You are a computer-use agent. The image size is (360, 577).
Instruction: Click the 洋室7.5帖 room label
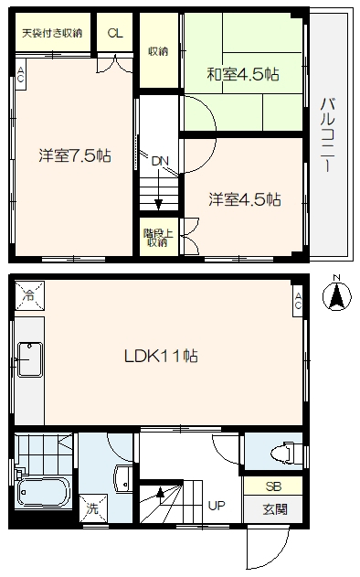click(x=75, y=156)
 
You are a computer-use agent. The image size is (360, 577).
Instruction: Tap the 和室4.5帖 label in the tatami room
click(x=243, y=75)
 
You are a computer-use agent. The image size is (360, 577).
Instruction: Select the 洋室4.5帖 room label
click(x=245, y=200)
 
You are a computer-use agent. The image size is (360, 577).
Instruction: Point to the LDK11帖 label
click(x=161, y=357)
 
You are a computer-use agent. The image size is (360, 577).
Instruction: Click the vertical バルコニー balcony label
click(x=328, y=134)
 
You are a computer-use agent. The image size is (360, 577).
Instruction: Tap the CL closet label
click(x=115, y=34)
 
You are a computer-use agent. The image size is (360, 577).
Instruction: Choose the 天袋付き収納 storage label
click(x=52, y=34)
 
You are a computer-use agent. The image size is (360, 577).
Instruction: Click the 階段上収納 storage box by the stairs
click(x=158, y=238)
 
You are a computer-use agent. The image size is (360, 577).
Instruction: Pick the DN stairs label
click(x=160, y=161)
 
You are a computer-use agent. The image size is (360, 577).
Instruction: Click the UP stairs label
click(x=217, y=506)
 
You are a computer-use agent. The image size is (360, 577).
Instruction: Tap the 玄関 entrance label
click(x=275, y=509)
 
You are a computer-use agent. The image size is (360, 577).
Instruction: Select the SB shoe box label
click(x=273, y=486)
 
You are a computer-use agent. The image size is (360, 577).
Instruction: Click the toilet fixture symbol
click(x=287, y=454)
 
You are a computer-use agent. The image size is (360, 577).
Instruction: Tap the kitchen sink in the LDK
click(x=30, y=359)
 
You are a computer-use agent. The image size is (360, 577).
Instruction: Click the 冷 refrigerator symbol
click(x=29, y=296)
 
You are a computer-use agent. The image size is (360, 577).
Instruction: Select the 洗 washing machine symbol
click(x=93, y=508)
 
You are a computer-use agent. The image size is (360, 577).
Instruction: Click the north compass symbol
click(x=336, y=296)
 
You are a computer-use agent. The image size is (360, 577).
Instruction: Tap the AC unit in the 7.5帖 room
click(x=20, y=75)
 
